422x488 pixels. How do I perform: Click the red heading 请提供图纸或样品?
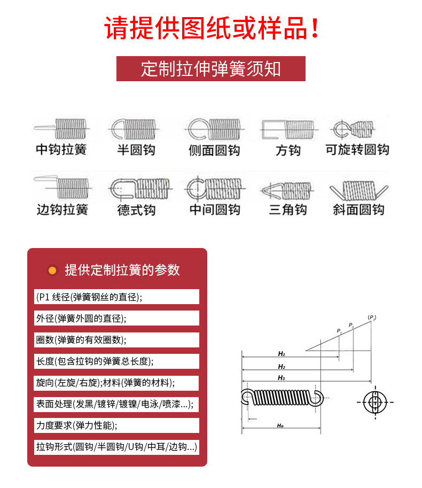point(211,28)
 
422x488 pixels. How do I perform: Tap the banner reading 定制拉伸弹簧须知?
point(211,69)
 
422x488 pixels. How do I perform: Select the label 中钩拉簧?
point(61,150)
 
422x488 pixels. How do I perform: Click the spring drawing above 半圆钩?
point(136,129)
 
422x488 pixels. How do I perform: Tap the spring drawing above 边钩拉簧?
point(61,187)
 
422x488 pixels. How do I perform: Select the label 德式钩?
point(136,210)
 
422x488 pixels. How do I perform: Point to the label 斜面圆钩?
point(358,210)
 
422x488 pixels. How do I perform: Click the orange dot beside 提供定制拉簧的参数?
point(52,270)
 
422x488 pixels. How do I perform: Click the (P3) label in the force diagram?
point(372,318)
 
